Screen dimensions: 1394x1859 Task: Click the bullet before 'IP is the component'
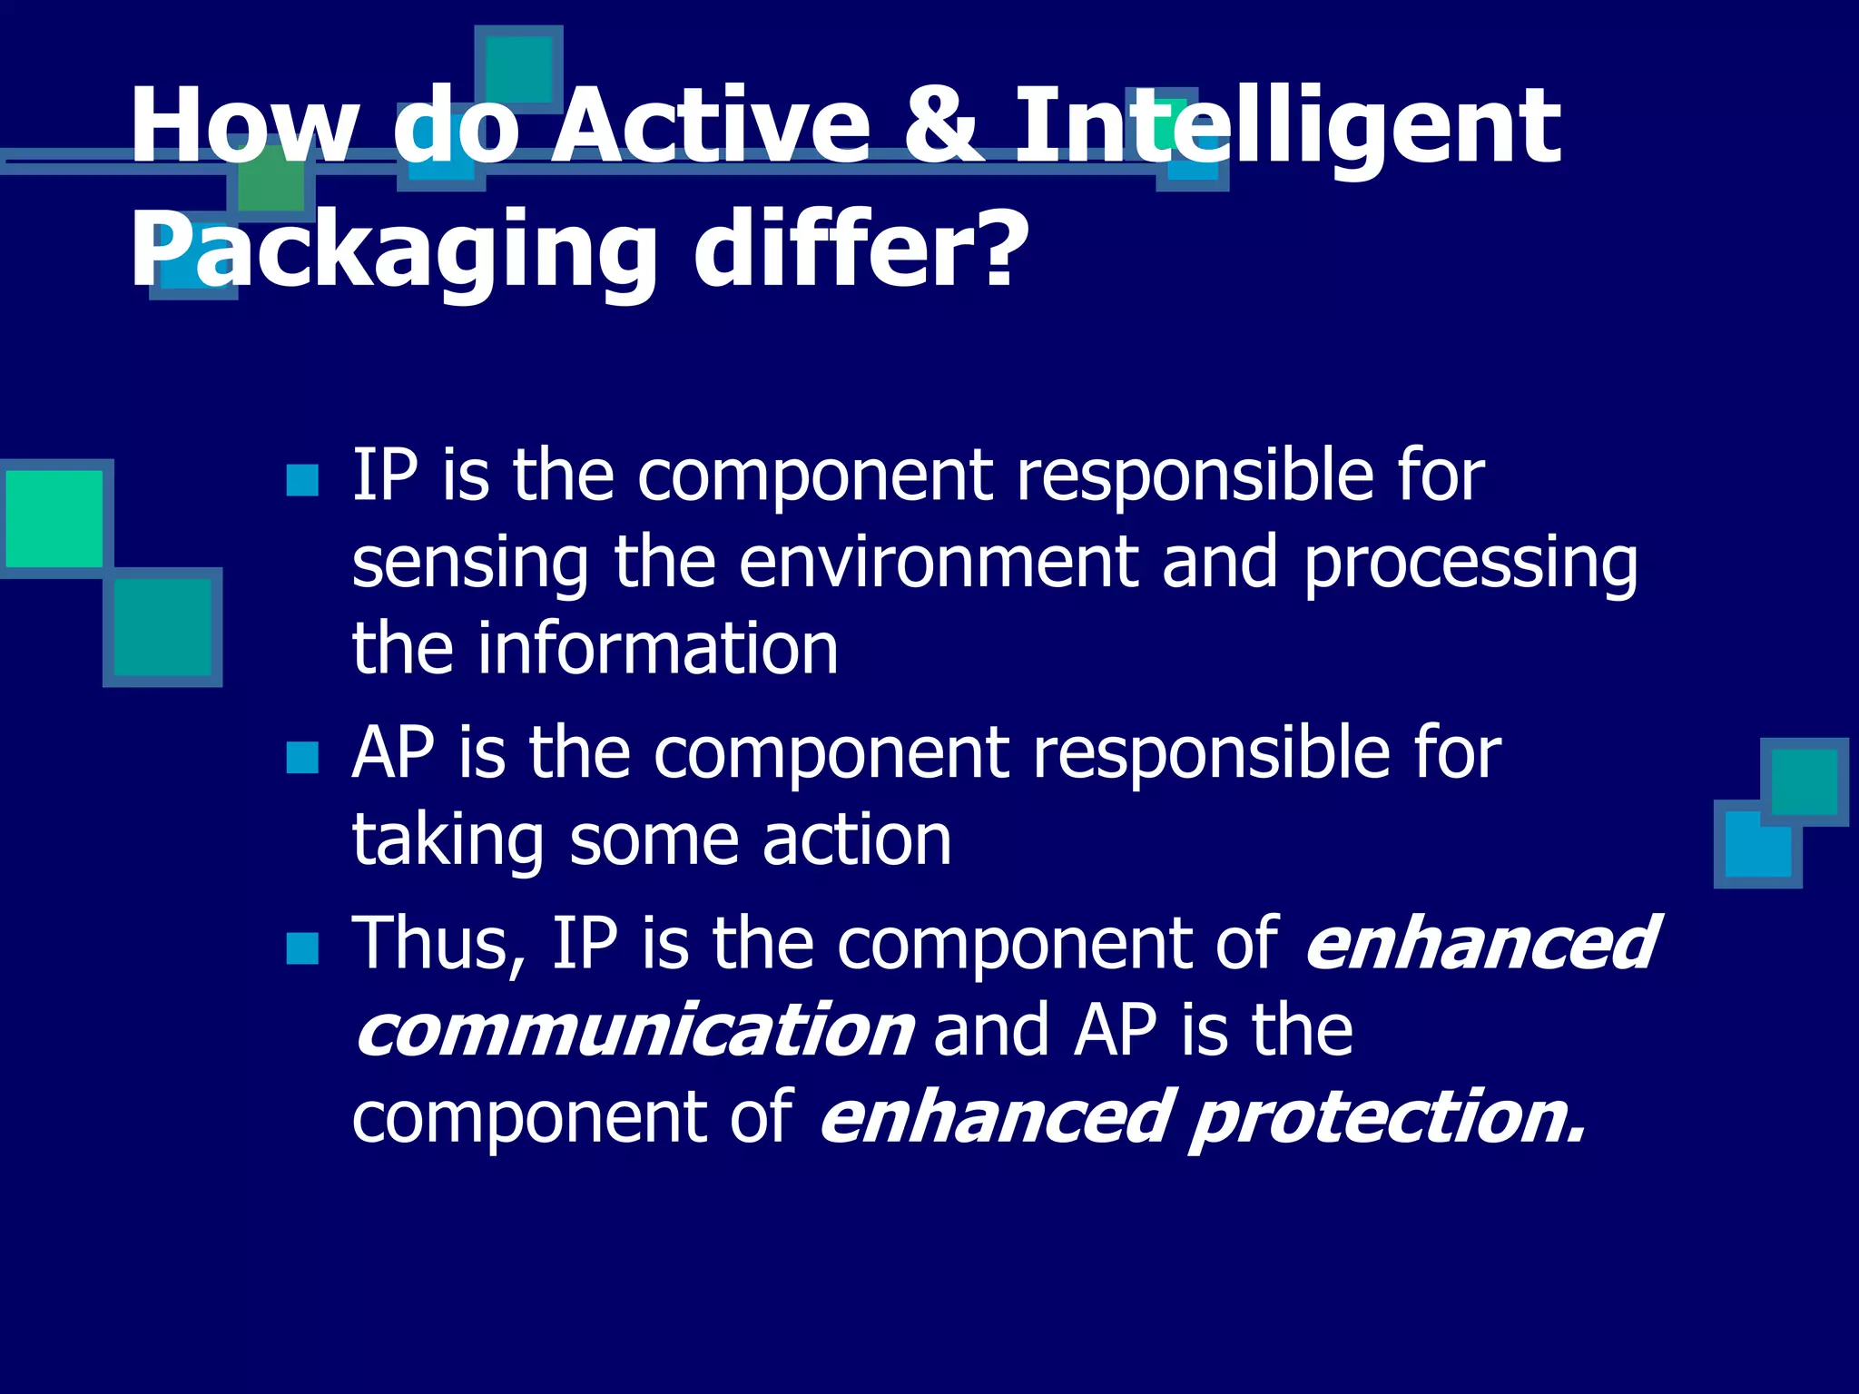coord(302,480)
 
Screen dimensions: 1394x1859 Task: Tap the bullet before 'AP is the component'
coord(302,757)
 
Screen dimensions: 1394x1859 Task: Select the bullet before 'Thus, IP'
coord(302,948)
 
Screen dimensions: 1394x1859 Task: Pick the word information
coord(657,648)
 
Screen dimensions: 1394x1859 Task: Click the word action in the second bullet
coord(857,839)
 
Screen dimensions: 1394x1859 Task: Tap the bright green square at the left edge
coord(54,518)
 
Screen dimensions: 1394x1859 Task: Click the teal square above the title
coord(518,68)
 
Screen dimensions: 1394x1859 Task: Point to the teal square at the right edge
coord(1804,780)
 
